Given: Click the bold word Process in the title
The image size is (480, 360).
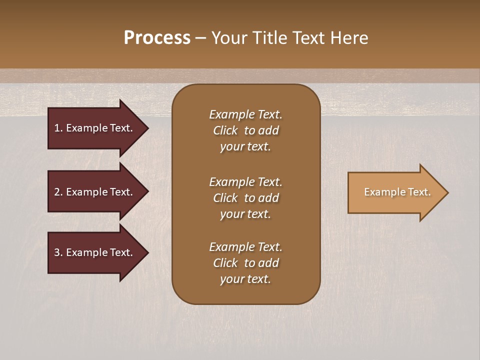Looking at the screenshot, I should [x=157, y=38].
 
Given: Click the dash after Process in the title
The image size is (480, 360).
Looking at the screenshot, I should [x=200, y=38].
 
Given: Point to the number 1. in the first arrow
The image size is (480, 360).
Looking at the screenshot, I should [x=58, y=128].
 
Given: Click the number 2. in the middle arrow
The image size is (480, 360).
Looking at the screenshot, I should [x=58, y=192].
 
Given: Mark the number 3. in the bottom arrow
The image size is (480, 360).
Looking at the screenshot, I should [x=58, y=252].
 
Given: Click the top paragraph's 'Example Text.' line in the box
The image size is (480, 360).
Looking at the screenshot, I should [x=245, y=114].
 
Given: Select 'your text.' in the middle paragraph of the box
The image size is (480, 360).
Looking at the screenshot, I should [x=245, y=214].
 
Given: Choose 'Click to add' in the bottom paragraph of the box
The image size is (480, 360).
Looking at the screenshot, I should [x=245, y=263].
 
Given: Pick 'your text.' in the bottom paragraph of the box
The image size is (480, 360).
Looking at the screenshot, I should [x=245, y=279].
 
